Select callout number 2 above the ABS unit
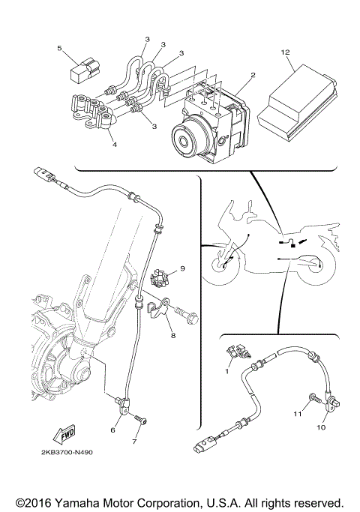coord(253,75)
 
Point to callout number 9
coord(181,268)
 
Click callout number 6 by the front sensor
coord(114,430)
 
